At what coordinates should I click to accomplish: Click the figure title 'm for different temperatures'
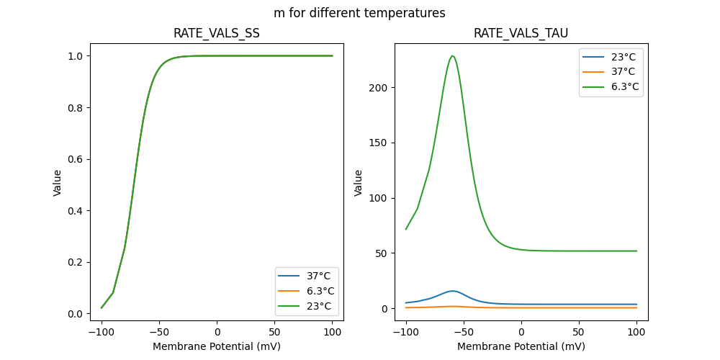(x=359, y=13)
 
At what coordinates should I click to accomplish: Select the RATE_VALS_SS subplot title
(x=217, y=33)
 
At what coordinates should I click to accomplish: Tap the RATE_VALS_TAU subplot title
(x=521, y=33)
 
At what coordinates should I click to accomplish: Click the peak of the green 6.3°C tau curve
(x=452, y=56)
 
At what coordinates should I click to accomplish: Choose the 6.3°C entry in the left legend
(x=320, y=291)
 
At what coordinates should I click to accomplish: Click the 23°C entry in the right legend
(x=624, y=56)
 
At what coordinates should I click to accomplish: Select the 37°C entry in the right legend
(x=624, y=71)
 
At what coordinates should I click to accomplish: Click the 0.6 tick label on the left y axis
(x=76, y=159)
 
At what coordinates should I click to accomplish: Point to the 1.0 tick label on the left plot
(x=76, y=56)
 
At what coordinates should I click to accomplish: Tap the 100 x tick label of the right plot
(x=636, y=332)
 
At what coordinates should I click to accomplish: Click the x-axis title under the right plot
(x=521, y=346)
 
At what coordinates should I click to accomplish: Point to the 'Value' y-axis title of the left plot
(x=58, y=183)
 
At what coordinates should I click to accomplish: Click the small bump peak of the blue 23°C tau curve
(x=452, y=291)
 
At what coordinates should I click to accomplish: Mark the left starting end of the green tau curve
(x=406, y=230)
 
